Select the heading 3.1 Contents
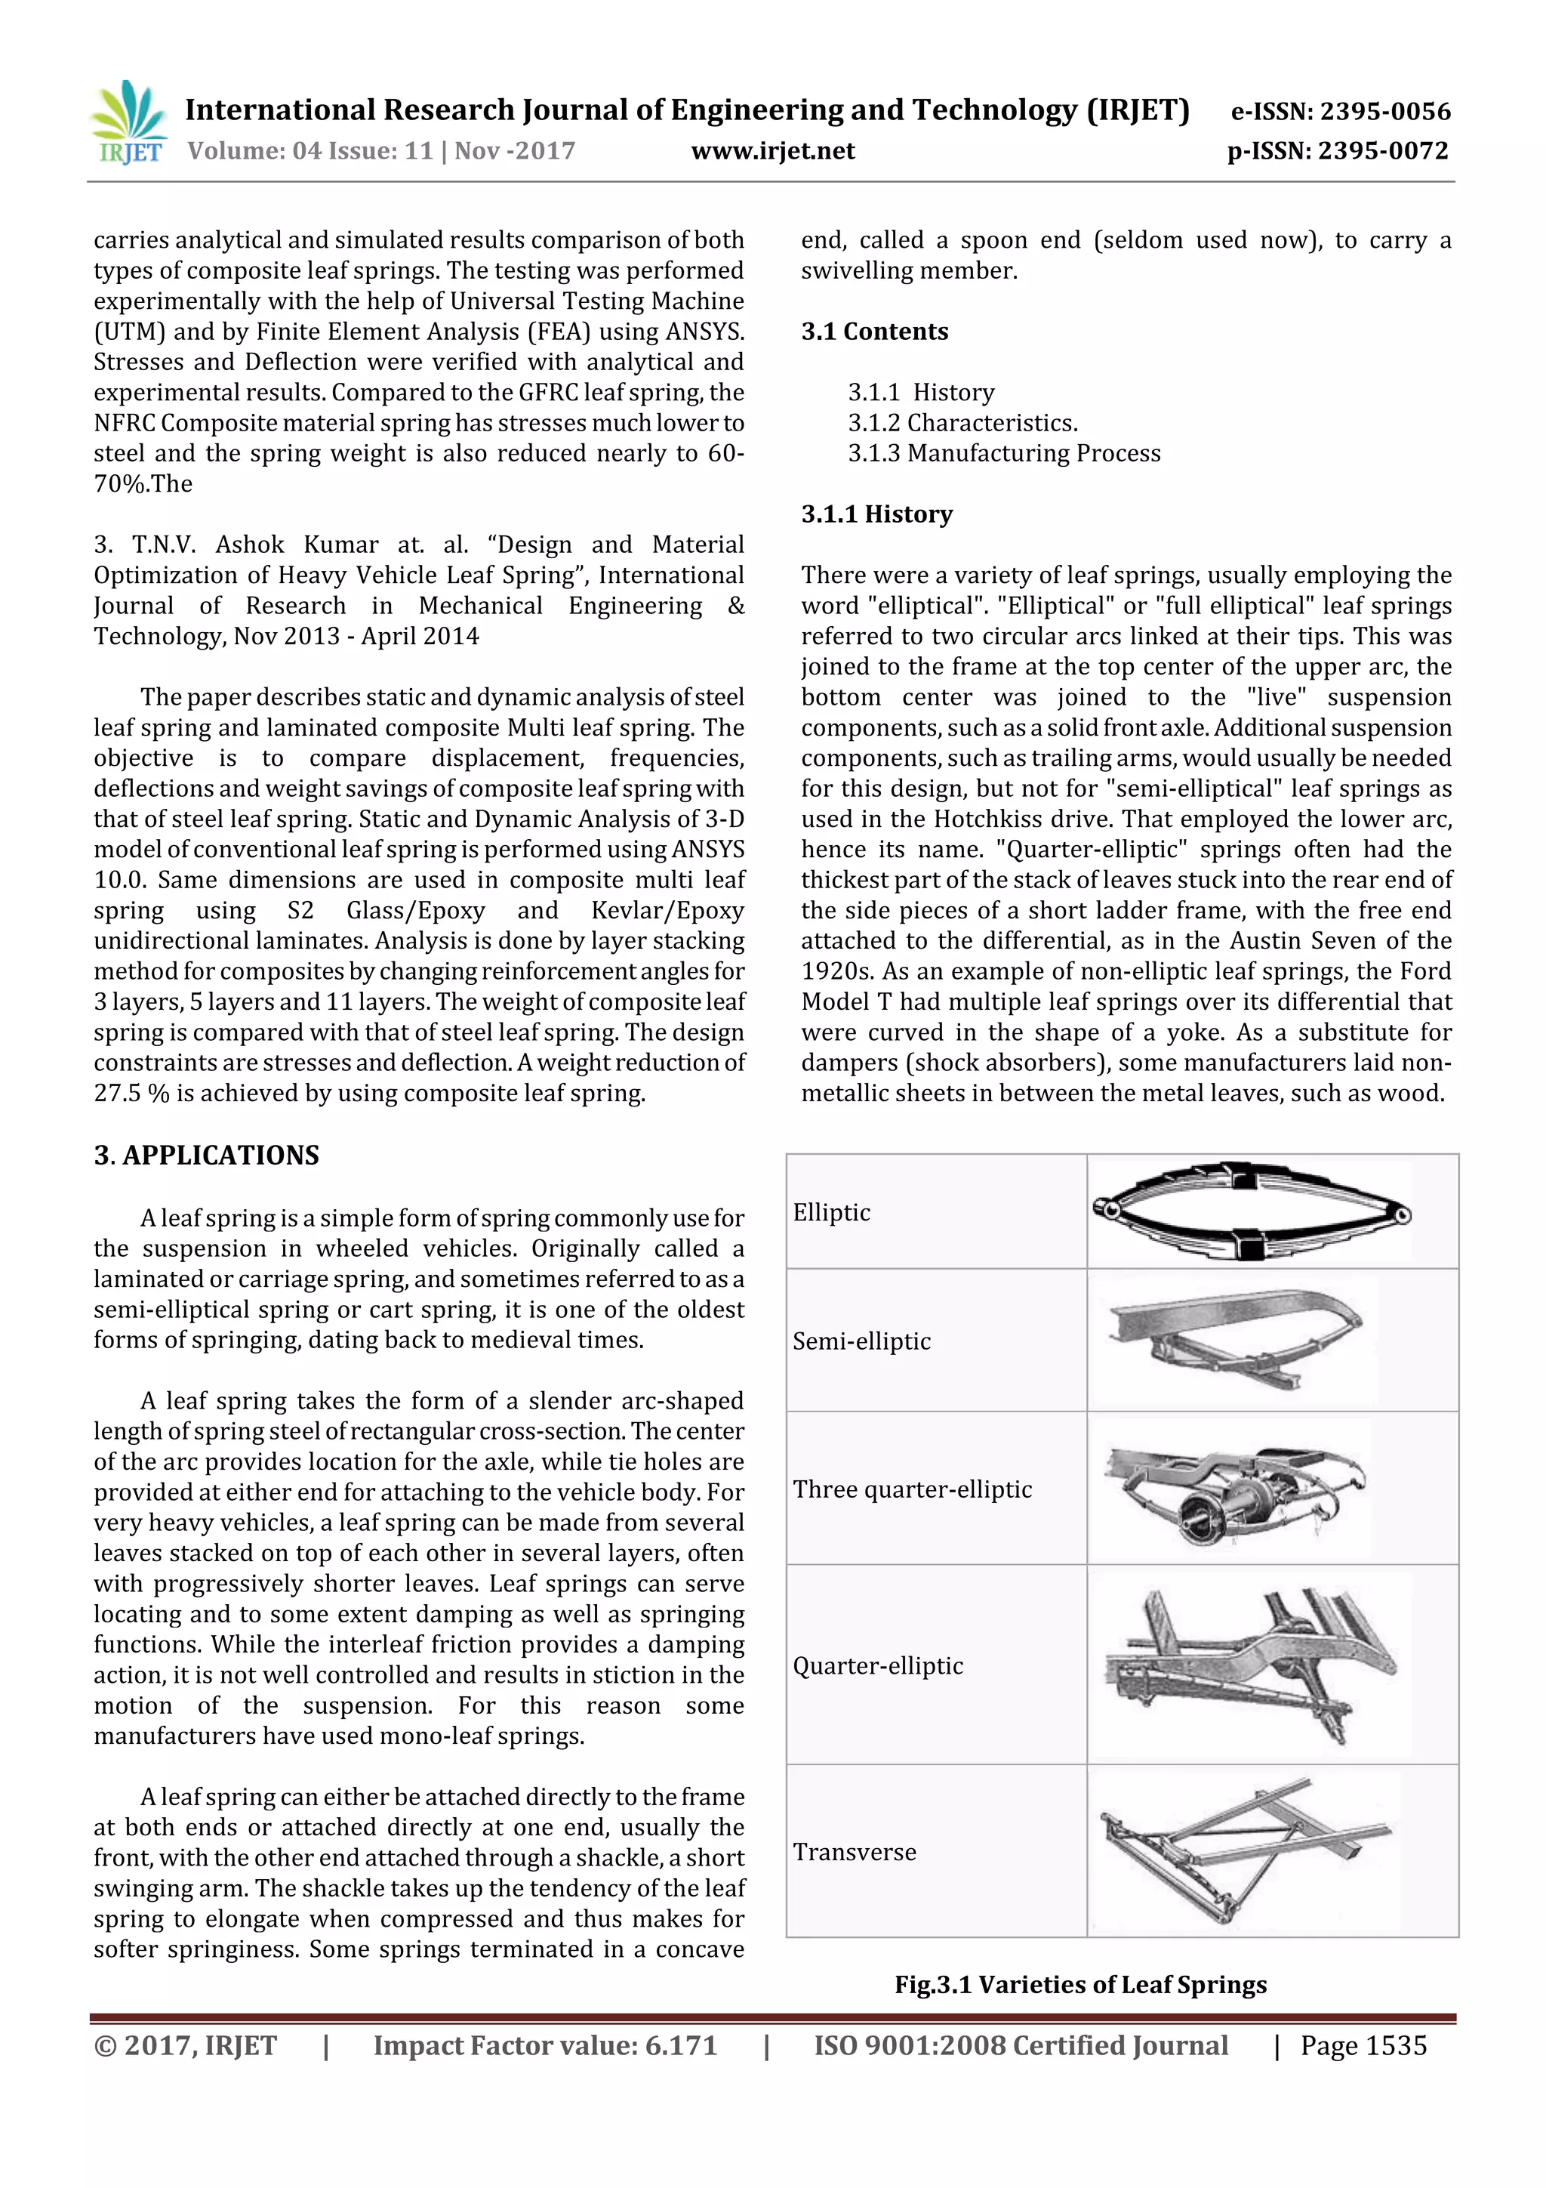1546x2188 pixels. coord(874,332)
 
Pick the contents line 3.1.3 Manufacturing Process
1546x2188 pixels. coord(1004,454)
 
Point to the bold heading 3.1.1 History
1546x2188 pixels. coord(876,514)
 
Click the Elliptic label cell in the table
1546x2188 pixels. coord(832,1213)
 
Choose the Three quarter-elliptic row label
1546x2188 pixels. coord(913,1489)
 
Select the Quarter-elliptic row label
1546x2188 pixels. coord(877,1666)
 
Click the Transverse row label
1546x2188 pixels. coord(855,1852)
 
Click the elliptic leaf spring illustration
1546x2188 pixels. coord(1252,1211)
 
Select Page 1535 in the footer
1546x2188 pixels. coord(1363,2046)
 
